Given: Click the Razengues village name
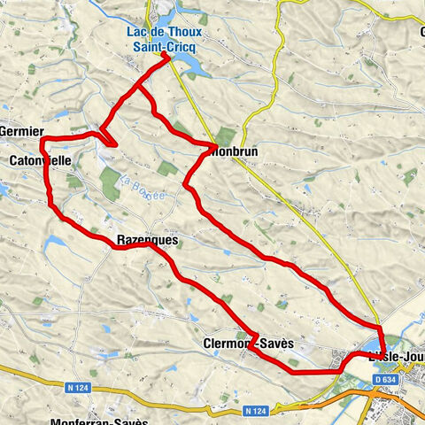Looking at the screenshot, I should point(147,240).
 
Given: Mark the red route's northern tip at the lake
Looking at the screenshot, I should point(166,56).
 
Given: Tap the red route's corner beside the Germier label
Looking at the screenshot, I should point(42,139).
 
